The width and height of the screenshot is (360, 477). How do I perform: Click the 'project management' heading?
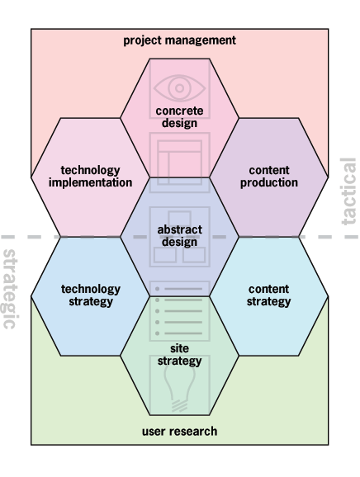pos(179,40)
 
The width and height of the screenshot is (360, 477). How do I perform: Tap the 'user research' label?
pos(179,432)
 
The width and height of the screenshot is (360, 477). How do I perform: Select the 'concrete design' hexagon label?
pos(179,117)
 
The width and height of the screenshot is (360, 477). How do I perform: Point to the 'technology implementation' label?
pos(90,177)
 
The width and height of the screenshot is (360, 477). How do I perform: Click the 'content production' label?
pos(269,177)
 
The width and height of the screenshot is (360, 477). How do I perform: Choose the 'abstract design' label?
pos(179,236)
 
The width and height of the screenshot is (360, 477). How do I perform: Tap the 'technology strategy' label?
pos(91,295)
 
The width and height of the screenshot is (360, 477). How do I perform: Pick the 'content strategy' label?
pos(268,295)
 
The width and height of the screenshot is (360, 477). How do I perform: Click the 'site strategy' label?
pos(179,355)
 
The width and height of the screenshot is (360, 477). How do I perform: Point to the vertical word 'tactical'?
pos(348,191)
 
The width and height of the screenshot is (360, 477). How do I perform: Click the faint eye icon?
pos(179,88)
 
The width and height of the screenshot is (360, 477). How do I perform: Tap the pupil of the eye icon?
pos(179,88)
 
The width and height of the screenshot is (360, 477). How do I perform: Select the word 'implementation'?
pos(90,183)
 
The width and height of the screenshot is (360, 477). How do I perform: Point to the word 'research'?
pos(193,432)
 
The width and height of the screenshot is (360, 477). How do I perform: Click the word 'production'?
pos(269,183)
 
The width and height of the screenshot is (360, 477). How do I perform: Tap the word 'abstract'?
pos(179,229)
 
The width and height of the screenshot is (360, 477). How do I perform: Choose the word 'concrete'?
pos(179,111)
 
